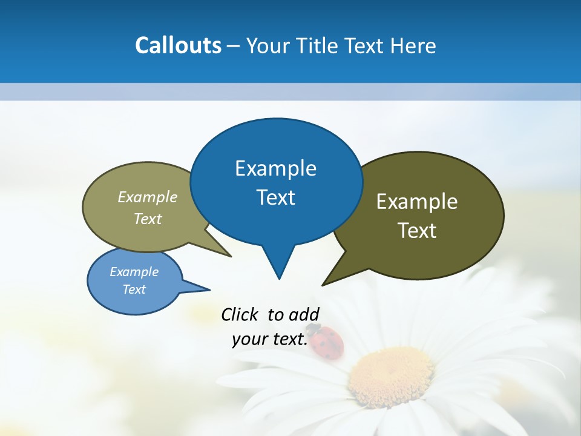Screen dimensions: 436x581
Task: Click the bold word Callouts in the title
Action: click(x=178, y=45)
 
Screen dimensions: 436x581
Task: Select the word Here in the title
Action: click(x=414, y=46)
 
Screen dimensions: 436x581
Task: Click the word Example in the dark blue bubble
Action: click(x=275, y=168)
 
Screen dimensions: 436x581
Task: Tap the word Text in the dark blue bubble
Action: click(x=275, y=197)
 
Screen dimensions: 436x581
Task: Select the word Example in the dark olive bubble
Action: click(x=417, y=202)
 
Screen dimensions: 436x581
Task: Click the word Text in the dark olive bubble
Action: click(x=417, y=231)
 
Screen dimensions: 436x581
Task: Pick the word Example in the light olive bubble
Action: click(x=148, y=197)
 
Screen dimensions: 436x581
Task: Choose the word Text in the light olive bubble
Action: click(x=148, y=219)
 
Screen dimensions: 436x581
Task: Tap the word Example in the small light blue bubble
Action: click(x=134, y=272)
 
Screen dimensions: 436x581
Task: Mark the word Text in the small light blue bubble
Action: click(x=134, y=289)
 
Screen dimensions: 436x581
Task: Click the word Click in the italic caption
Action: click(x=241, y=314)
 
